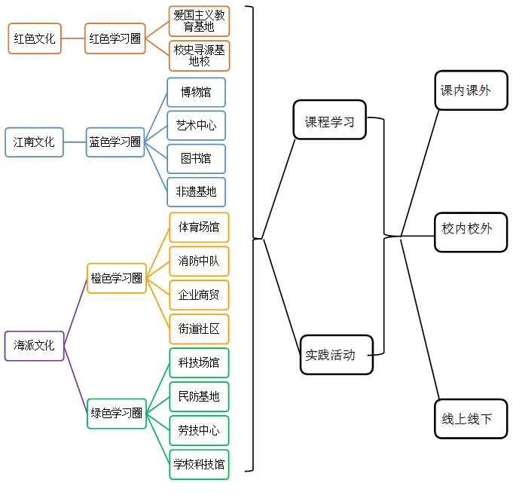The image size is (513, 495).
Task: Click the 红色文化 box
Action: (x=35, y=38)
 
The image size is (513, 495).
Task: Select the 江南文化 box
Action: (x=34, y=141)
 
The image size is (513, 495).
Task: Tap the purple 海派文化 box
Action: (x=34, y=346)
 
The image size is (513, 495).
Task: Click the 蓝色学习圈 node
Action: (x=115, y=142)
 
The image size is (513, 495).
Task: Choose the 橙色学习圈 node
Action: (x=117, y=278)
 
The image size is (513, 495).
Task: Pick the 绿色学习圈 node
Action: (x=117, y=413)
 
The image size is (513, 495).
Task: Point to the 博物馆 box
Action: (x=196, y=93)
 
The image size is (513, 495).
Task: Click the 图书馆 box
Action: (x=196, y=159)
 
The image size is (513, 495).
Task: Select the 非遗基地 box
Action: (x=196, y=192)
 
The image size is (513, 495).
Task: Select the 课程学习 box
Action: (x=329, y=121)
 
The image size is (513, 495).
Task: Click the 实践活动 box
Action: (x=336, y=353)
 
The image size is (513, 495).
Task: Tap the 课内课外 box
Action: (x=466, y=90)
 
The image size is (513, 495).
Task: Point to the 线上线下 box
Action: (x=466, y=418)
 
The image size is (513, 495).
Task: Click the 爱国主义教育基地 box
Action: (x=199, y=21)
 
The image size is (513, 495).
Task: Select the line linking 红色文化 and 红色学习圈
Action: (x=74, y=38)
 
